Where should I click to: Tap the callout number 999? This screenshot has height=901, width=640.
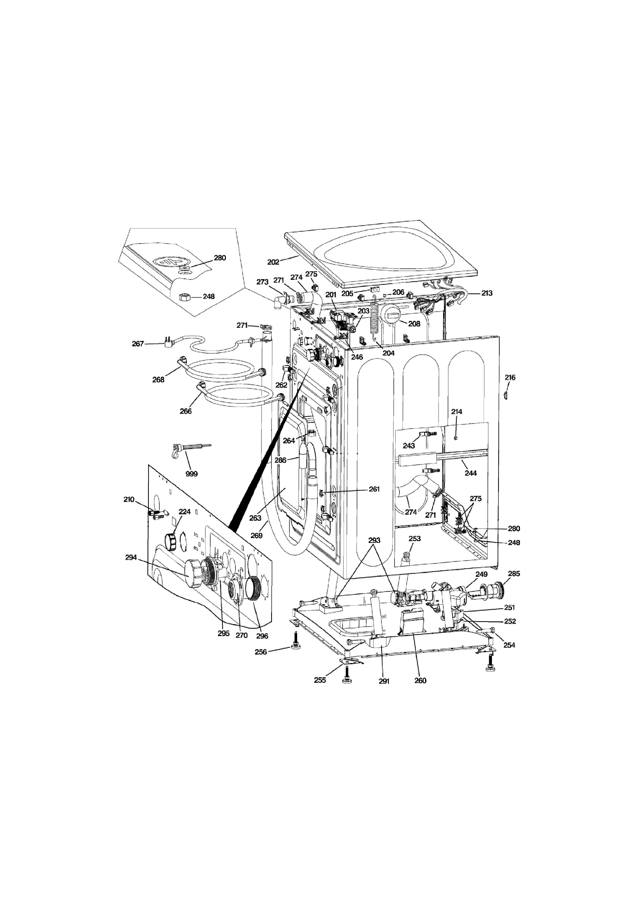pos(191,474)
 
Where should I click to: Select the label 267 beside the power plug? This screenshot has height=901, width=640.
pos(138,344)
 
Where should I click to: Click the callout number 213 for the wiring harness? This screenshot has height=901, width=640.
pos(487,293)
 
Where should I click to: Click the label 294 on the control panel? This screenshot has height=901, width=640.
pos(131,557)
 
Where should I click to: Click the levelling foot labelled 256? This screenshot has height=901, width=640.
pos(295,644)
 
